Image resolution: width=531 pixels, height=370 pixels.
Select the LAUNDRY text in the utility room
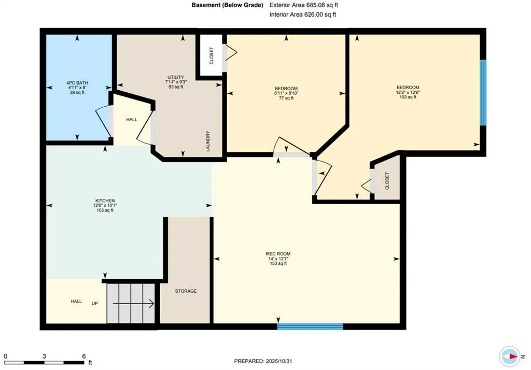point(208,141)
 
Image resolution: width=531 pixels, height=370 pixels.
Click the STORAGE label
point(185,291)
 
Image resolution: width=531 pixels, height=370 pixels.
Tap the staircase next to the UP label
point(131,304)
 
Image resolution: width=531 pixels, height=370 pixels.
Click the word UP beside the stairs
point(95,303)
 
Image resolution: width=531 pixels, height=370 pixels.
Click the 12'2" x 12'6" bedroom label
point(408,92)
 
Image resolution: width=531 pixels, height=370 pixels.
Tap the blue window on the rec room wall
point(310,326)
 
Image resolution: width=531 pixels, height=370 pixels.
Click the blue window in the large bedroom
point(483,93)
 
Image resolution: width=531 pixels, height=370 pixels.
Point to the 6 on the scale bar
point(83,356)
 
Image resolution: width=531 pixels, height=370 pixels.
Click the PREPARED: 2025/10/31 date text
point(265,361)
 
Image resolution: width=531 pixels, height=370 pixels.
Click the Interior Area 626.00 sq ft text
point(303,15)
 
